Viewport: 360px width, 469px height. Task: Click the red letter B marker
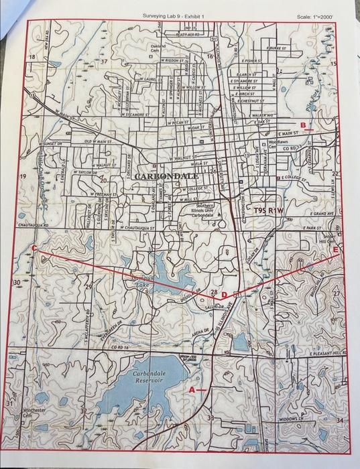302,125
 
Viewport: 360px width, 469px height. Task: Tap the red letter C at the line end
34,248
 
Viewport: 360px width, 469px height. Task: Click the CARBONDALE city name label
166,176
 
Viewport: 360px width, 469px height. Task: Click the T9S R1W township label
269,210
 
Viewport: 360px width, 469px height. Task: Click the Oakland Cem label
156,48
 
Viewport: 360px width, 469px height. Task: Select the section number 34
340,420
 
